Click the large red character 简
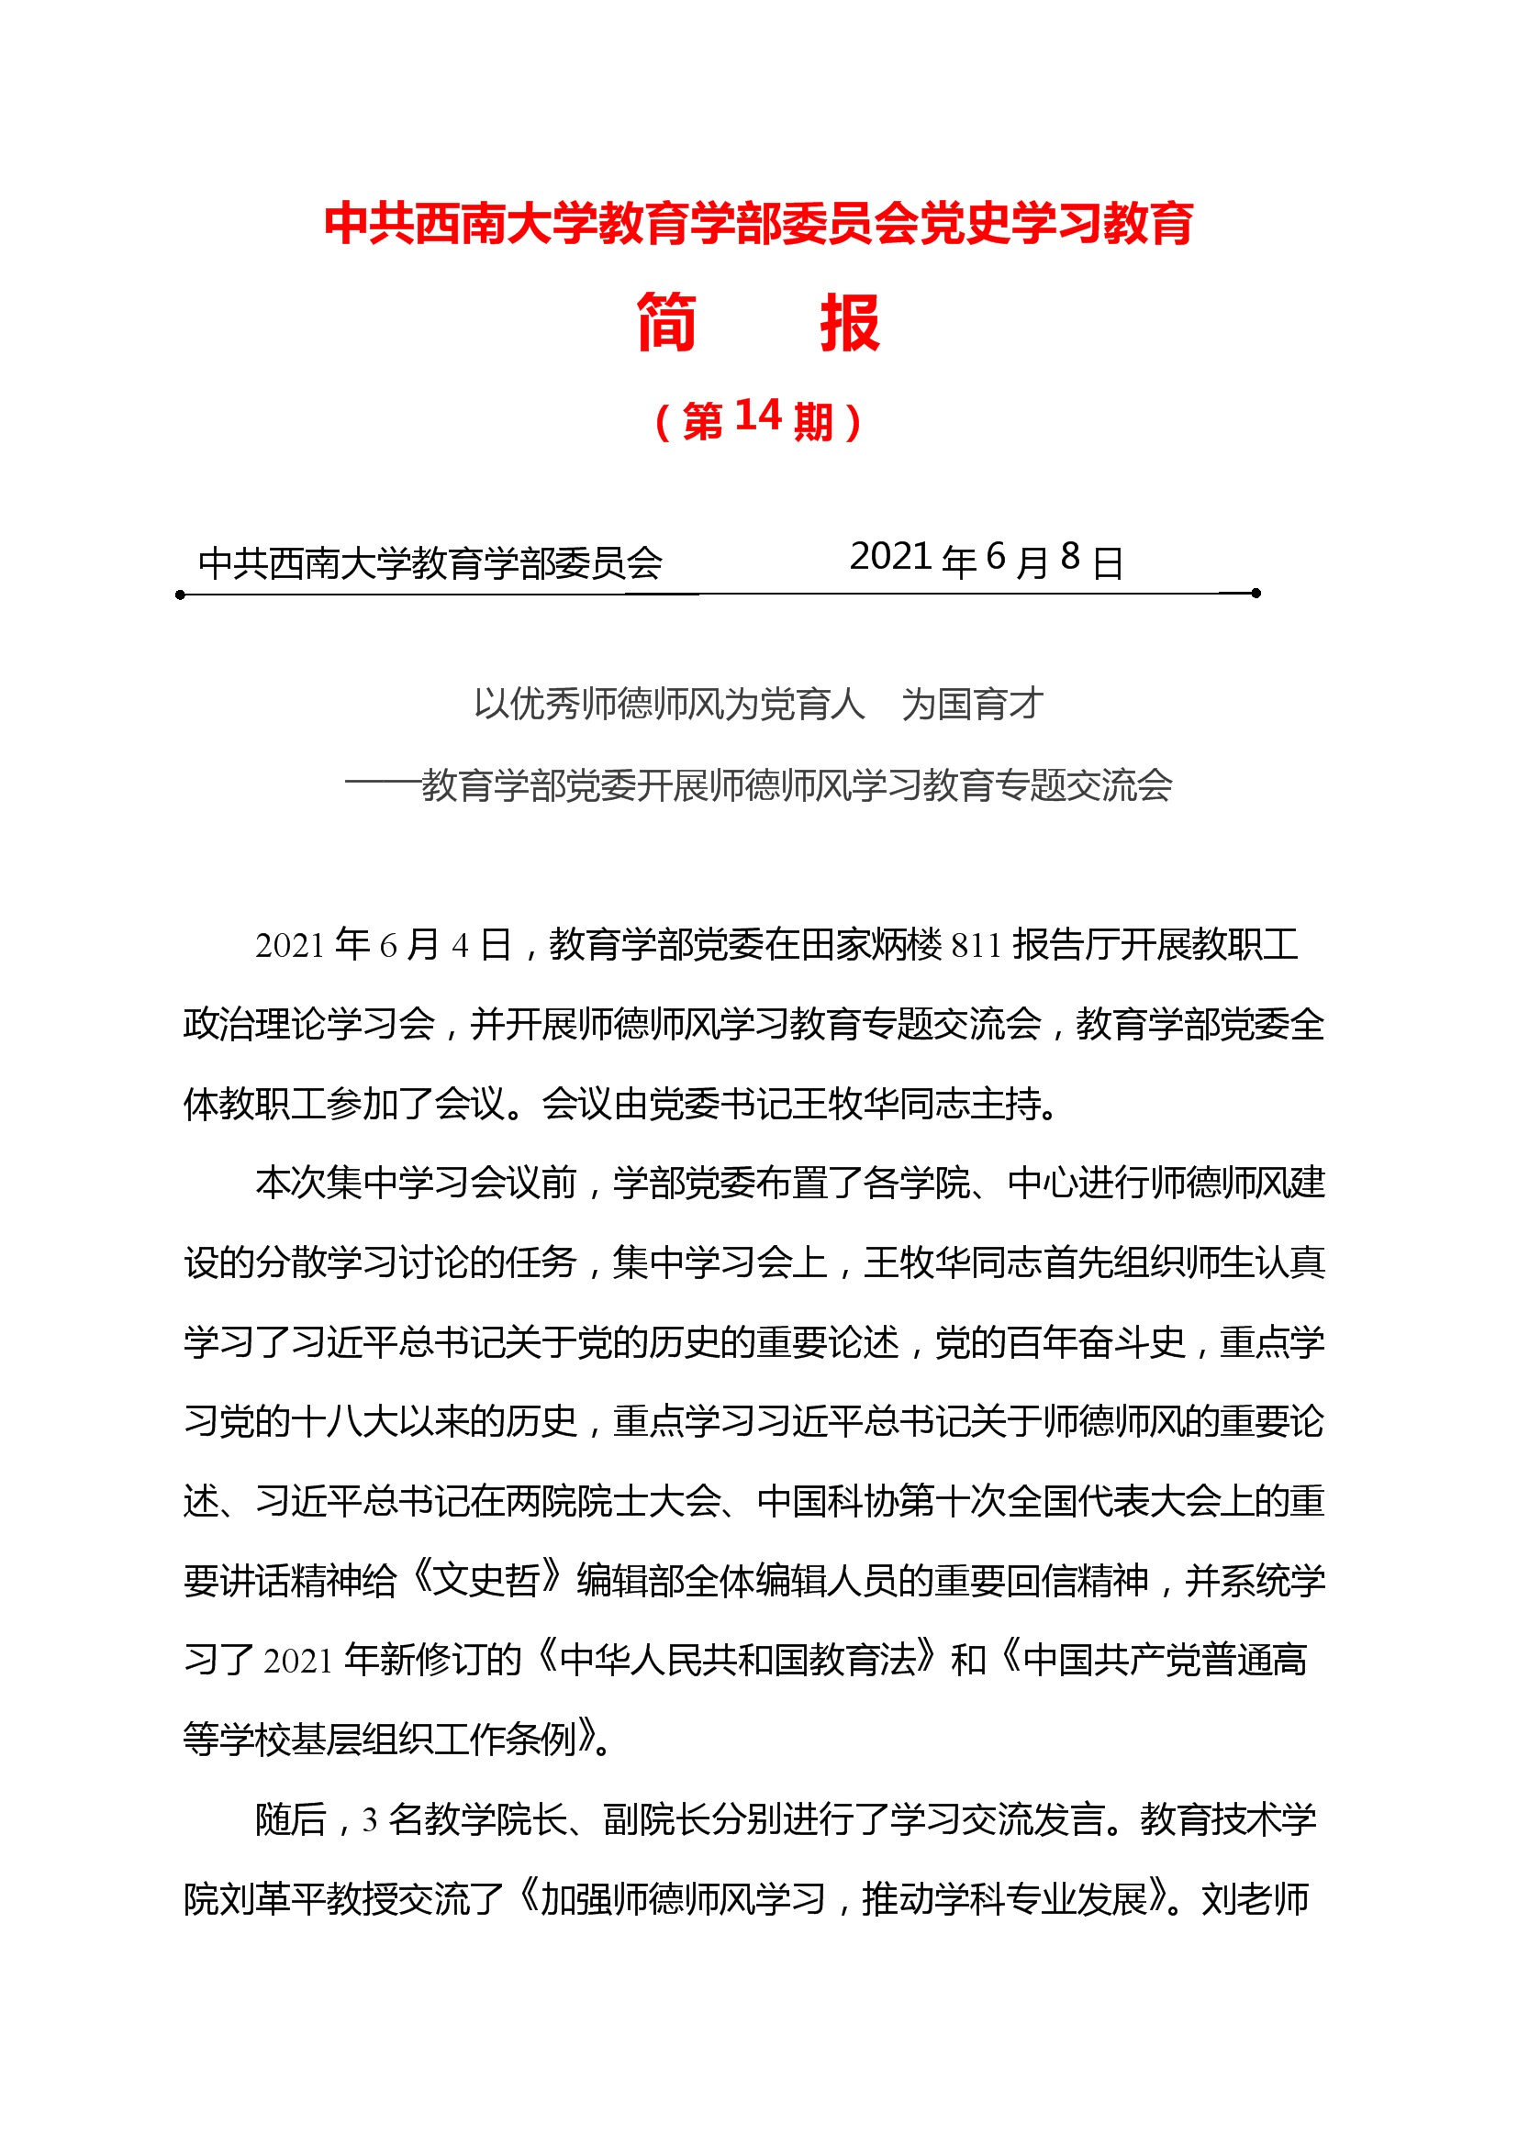(x=666, y=322)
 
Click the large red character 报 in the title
(x=849, y=322)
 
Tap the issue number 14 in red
(x=757, y=416)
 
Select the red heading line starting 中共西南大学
(x=758, y=223)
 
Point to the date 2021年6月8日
(x=986, y=560)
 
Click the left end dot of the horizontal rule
(x=181, y=595)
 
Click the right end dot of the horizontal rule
(x=1256, y=593)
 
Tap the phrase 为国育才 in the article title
(x=972, y=704)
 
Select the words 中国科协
(x=827, y=1501)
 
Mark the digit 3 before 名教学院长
(x=370, y=1819)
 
